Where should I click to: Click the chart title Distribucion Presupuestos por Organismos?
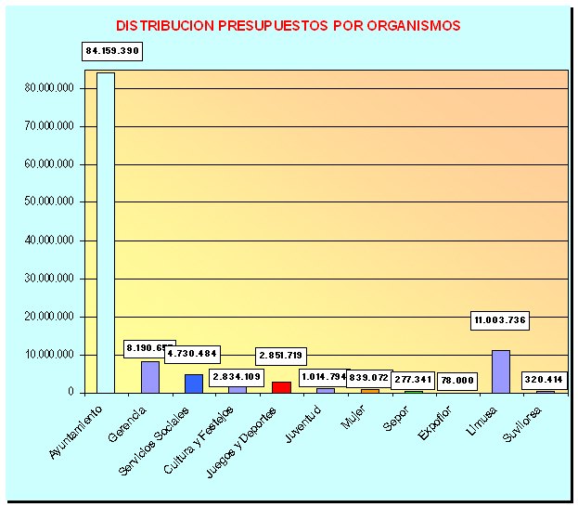pos(289,26)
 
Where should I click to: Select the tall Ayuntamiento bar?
pos(106,232)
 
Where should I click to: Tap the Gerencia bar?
pos(150,377)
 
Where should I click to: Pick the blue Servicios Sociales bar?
pos(193,383)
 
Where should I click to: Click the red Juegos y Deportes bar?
pos(281,387)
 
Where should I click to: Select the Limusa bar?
pos(501,371)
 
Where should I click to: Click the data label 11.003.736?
pos(499,320)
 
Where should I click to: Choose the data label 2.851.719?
pos(281,357)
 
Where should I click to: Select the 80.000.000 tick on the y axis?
pos(51,88)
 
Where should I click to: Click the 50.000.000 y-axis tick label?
pos(51,202)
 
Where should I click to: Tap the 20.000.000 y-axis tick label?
pos(51,317)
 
